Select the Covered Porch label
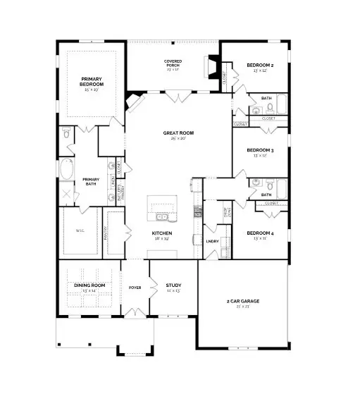point(173,64)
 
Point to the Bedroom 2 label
point(260,66)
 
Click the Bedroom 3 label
point(260,150)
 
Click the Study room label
point(173,285)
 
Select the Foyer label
point(135,287)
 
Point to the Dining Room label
point(89,285)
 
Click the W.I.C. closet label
point(79,230)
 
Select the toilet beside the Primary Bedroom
point(66,133)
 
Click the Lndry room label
point(212,241)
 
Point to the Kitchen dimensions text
point(162,238)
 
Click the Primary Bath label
point(91,180)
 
